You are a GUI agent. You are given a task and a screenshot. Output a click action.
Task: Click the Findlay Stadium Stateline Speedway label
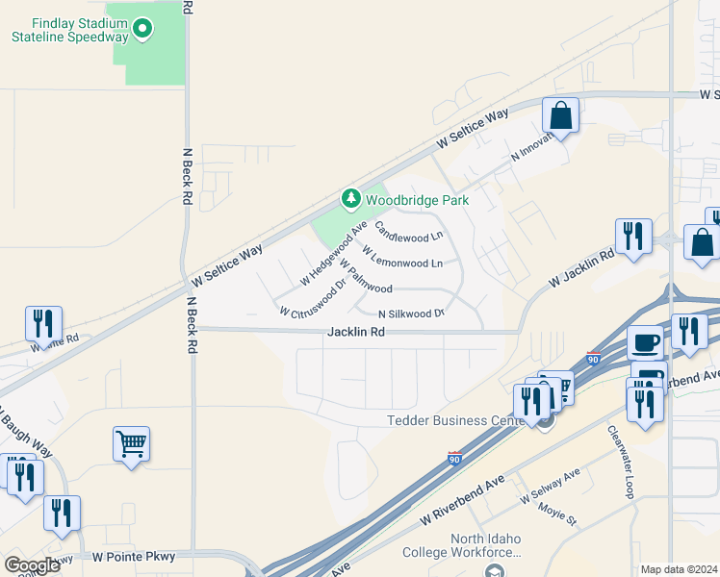point(69,30)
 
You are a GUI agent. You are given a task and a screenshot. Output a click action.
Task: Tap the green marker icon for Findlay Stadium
point(142,29)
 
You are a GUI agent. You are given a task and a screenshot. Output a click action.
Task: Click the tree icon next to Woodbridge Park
point(351,199)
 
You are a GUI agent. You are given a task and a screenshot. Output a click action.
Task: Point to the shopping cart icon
point(131,444)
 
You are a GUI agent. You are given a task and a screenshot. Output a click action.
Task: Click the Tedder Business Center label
point(459,420)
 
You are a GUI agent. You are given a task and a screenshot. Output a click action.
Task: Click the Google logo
point(32,565)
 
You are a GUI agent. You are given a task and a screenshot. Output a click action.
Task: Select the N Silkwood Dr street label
point(410,314)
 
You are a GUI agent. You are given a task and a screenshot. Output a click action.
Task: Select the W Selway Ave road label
point(550,488)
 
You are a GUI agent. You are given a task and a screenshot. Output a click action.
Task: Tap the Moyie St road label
point(557,514)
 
